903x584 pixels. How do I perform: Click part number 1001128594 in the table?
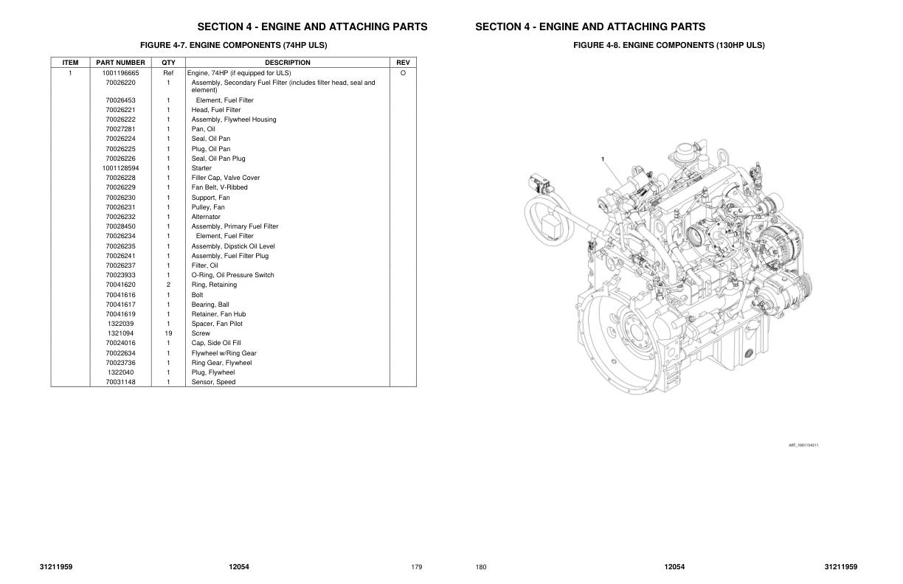[120, 168]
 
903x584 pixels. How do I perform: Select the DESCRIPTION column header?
[287, 63]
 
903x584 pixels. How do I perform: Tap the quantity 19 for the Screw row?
[168, 333]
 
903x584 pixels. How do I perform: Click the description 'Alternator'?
[206, 217]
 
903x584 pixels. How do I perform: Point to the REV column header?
[402, 63]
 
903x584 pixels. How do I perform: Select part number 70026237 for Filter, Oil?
[120, 265]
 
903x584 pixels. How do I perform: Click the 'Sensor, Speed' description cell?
[213, 382]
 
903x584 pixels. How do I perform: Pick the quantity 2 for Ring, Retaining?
[168, 285]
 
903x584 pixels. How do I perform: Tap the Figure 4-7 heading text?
[233, 45]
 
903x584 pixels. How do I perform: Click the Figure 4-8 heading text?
[668, 45]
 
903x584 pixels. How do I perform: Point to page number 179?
[416, 567]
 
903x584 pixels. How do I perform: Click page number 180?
[481, 567]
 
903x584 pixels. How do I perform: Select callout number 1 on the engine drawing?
[603, 159]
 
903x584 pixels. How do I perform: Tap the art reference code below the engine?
[803, 445]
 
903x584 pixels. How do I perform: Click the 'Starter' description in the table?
[201, 168]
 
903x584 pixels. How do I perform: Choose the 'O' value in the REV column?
[402, 73]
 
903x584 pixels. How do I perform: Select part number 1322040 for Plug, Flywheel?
[120, 372]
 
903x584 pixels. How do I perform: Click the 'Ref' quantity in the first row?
[168, 73]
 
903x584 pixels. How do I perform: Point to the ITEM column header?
[70, 63]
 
